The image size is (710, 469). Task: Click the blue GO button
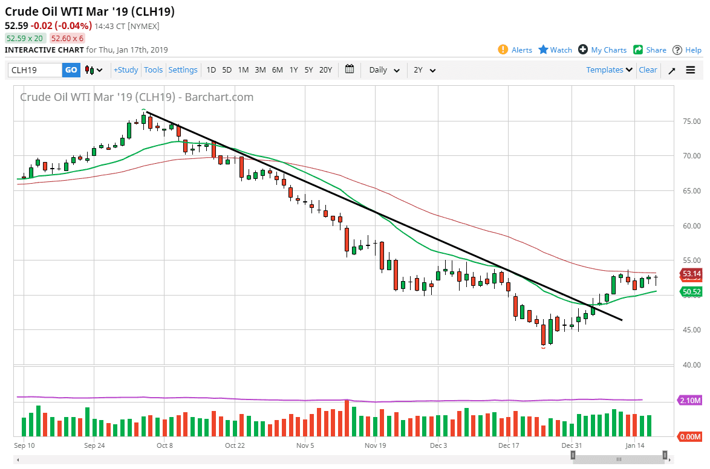71,70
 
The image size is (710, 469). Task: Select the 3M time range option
260,70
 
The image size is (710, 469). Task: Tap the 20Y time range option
325,70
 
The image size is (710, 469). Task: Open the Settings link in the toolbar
183,70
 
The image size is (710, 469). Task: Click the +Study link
126,70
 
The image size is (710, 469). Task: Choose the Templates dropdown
610,70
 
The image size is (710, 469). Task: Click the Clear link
648,70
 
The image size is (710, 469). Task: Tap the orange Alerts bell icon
503,50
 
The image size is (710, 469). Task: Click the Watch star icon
543,50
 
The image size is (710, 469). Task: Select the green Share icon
638,50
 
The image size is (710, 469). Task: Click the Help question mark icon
677,50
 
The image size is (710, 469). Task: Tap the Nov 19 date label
375,445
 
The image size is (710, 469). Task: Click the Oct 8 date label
164,445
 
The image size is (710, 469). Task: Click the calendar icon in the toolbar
350,70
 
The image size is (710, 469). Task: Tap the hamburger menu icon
691,70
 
